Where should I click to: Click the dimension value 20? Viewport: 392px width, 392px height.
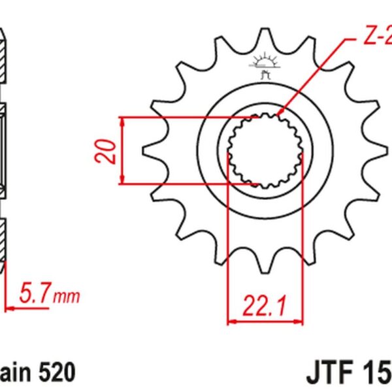[109, 151]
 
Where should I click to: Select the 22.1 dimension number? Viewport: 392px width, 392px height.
[265, 304]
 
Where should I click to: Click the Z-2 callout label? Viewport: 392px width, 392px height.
[377, 38]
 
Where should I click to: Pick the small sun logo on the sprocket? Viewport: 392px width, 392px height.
[265, 63]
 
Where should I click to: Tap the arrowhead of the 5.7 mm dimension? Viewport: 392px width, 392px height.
[8, 306]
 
